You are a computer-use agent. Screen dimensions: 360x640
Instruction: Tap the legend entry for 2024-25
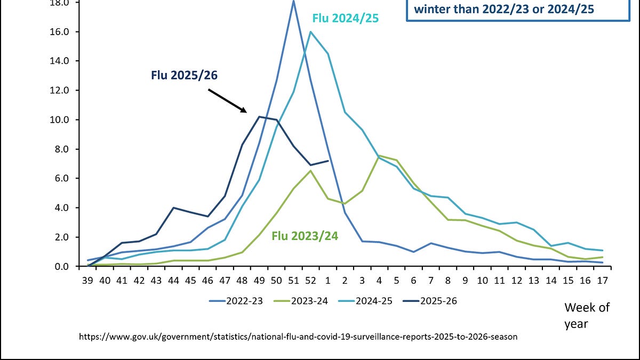(x=375, y=301)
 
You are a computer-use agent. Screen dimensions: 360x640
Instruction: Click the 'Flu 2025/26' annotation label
(x=184, y=75)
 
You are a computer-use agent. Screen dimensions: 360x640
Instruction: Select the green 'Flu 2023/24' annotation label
(x=305, y=235)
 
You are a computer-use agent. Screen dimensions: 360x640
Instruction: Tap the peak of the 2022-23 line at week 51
(x=293, y=1)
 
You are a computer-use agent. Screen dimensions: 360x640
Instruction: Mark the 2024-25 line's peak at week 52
(x=310, y=31)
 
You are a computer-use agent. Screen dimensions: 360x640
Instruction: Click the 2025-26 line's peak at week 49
(x=259, y=116)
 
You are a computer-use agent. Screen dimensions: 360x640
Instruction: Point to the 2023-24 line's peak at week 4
(x=379, y=155)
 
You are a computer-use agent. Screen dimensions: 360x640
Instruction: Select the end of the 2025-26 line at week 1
(x=327, y=161)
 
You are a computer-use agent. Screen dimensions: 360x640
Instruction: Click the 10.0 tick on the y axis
(x=59, y=119)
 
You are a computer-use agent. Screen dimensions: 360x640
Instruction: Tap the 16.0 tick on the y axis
(x=59, y=31)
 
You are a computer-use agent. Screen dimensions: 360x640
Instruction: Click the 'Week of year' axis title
(x=587, y=315)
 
